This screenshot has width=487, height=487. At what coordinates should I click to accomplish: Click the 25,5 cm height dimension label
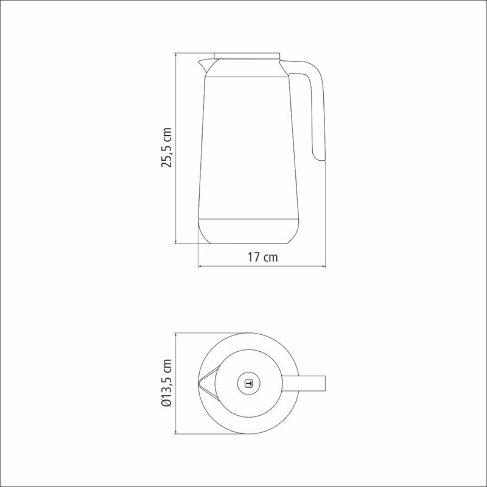coord(166,147)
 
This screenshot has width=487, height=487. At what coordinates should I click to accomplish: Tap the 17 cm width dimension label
coord(262,257)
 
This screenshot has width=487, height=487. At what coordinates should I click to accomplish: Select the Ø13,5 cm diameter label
coord(166,383)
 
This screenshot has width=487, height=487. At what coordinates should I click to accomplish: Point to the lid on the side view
coord(247,56)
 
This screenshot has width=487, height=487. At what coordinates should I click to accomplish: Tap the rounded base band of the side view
coord(248,231)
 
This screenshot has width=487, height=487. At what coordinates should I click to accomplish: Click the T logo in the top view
coord(248,384)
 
